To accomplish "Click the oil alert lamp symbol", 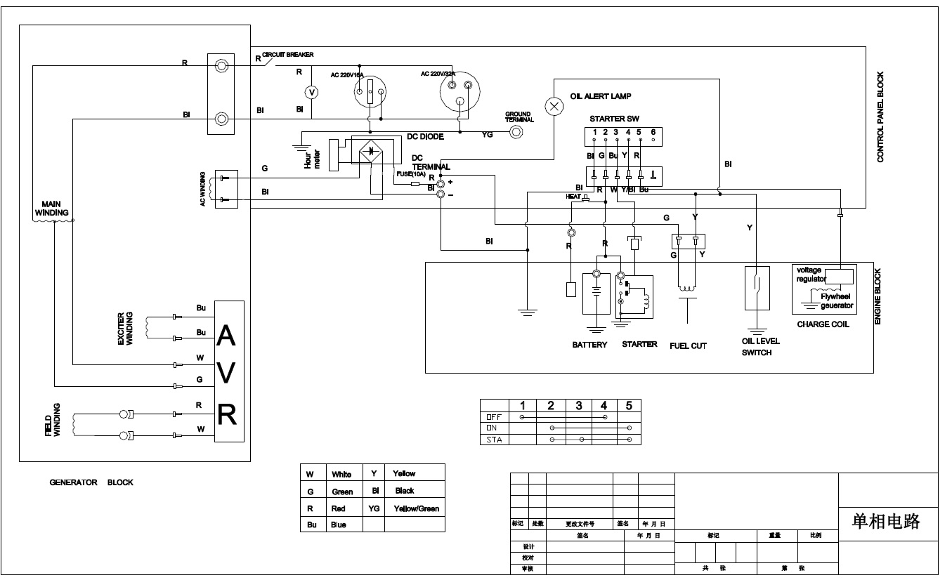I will (x=555, y=106).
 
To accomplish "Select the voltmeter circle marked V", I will (x=313, y=92).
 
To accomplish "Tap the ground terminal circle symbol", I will (x=516, y=132).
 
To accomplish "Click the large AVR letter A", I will (x=226, y=338).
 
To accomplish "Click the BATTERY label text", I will (x=589, y=345).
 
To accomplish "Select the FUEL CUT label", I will (x=688, y=345).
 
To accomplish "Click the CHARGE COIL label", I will (x=823, y=324).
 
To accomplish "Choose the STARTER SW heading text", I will (x=615, y=119).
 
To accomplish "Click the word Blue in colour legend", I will (x=339, y=525).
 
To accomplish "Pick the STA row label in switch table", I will (x=494, y=440).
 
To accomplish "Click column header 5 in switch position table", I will (x=629, y=405).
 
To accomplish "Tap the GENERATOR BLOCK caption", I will (x=91, y=482).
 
